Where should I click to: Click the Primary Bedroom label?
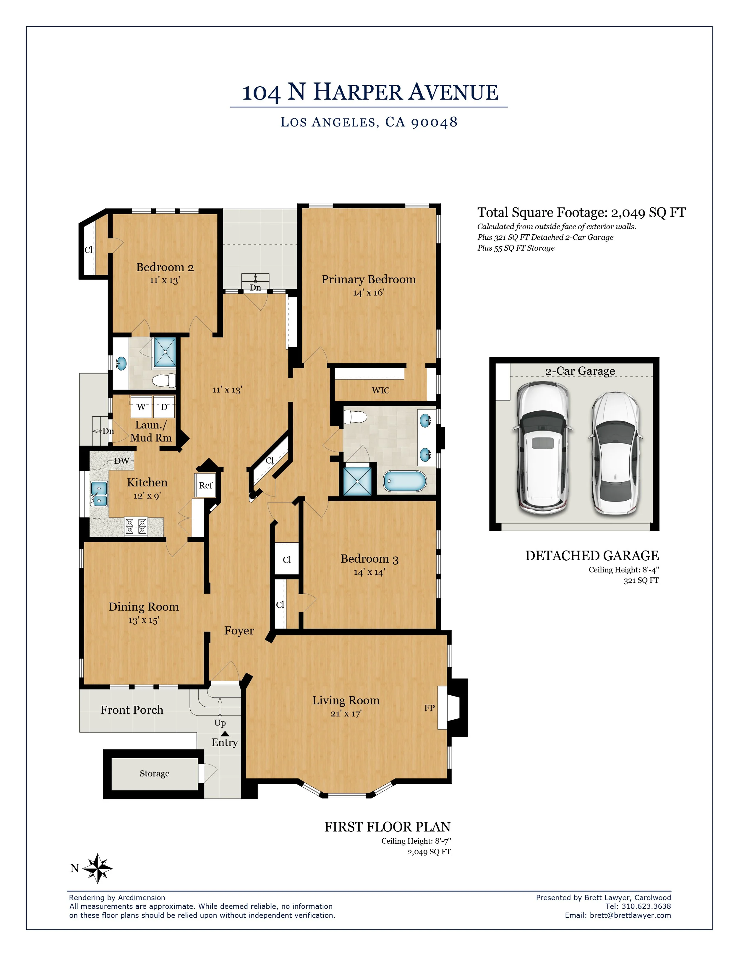coord(369,279)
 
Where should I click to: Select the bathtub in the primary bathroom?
coord(404,481)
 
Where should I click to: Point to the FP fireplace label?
coord(429,707)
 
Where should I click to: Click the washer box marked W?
coord(141,407)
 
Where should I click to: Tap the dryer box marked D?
coord(164,407)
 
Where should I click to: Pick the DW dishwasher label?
coord(122,460)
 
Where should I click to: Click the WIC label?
coord(380,390)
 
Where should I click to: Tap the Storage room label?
coord(155,773)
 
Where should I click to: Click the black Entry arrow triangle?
coord(225,734)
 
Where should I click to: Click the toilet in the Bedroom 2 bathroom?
coord(164,380)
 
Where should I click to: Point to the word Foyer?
coord(239,630)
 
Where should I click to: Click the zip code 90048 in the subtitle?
coord(434,122)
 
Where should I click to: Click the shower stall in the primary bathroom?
coord(357,481)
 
